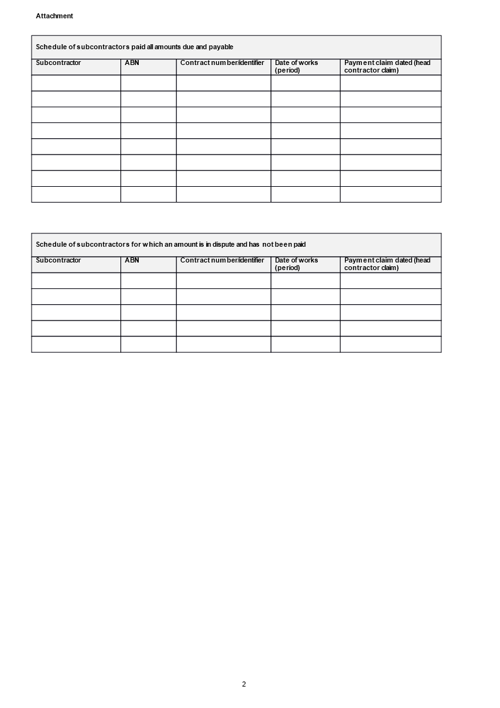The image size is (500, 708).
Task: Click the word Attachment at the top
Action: coord(54,16)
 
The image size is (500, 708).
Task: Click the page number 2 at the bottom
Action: coord(244,684)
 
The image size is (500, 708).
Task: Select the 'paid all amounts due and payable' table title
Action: coord(134,47)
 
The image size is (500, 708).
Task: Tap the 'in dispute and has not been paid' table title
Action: coord(170,244)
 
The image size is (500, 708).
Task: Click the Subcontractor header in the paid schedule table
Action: coord(58,63)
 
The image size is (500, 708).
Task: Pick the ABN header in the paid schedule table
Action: coord(132,63)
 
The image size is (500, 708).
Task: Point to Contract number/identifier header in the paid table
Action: coord(222,63)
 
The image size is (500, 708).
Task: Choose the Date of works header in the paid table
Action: coord(296,66)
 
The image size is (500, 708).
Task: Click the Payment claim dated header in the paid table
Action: coord(387,66)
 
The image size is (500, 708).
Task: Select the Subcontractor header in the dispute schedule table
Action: coord(58,260)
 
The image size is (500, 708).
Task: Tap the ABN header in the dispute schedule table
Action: coord(132,260)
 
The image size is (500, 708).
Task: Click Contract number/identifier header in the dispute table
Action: coord(222,260)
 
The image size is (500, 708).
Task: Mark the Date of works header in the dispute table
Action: coord(296,264)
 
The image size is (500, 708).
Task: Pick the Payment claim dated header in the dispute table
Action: coord(387,264)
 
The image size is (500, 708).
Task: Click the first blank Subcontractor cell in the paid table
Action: coord(76,83)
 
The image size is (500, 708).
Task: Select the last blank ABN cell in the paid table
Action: coord(148,194)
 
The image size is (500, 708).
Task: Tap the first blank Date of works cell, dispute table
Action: coord(305,281)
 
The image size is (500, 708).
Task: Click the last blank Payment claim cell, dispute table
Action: coord(390,345)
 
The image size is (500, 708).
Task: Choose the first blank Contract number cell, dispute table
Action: coord(223,281)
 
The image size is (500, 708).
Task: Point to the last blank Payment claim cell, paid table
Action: coord(390,194)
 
